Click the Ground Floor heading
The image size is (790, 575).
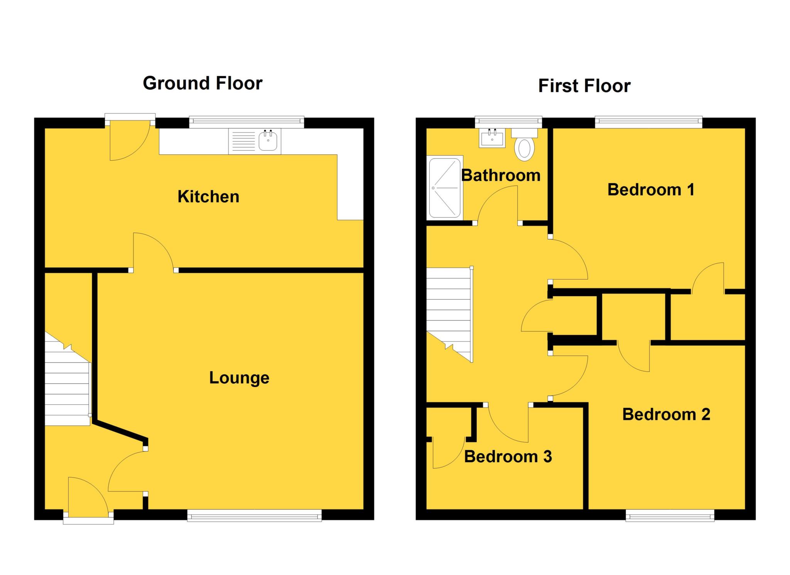tap(203, 83)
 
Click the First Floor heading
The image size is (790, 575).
tap(584, 86)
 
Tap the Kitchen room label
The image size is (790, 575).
tap(208, 197)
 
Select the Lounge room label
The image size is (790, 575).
tap(239, 378)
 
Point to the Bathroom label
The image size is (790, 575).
tap(501, 175)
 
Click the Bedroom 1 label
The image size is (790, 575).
tap(651, 190)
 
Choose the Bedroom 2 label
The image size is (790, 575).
tap(666, 414)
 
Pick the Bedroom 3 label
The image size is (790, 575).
tap(508, 456)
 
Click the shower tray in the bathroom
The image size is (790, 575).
tap(445, 188)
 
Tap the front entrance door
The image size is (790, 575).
tap(88, 498)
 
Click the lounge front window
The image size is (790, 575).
tap(254, 515)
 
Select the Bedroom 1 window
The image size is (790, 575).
tap(648, 122)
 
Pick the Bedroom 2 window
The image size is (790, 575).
tap(670, 515)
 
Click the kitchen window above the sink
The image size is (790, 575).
tap(246, 122)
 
